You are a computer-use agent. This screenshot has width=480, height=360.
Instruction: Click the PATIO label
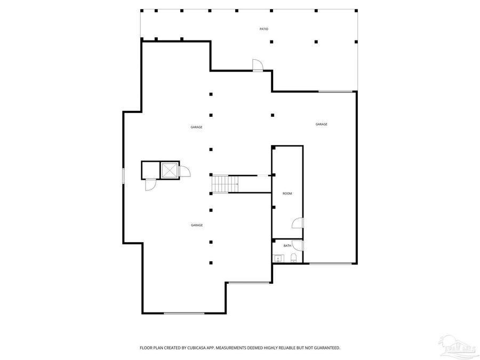263,29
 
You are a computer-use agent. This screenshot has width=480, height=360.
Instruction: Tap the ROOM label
287,194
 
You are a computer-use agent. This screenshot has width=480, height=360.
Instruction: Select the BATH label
287,246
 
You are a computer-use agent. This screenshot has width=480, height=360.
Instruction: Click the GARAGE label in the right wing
321,124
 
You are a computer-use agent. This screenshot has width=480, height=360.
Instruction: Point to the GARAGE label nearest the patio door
196,127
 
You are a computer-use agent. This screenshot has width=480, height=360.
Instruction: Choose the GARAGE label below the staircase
197,225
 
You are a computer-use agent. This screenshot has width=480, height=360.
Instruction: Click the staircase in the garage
223,185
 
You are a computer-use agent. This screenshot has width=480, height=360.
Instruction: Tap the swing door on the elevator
185,172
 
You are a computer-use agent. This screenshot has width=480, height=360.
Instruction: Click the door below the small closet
150,185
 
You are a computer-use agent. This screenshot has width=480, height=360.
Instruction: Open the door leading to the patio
258,65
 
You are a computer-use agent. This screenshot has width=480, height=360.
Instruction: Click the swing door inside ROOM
298,223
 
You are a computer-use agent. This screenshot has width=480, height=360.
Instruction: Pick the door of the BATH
299,246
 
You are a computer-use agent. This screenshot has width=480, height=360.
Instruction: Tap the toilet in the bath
294,259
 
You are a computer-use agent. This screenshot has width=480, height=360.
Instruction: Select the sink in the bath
277,259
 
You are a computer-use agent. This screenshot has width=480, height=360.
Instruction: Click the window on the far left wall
123,176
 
